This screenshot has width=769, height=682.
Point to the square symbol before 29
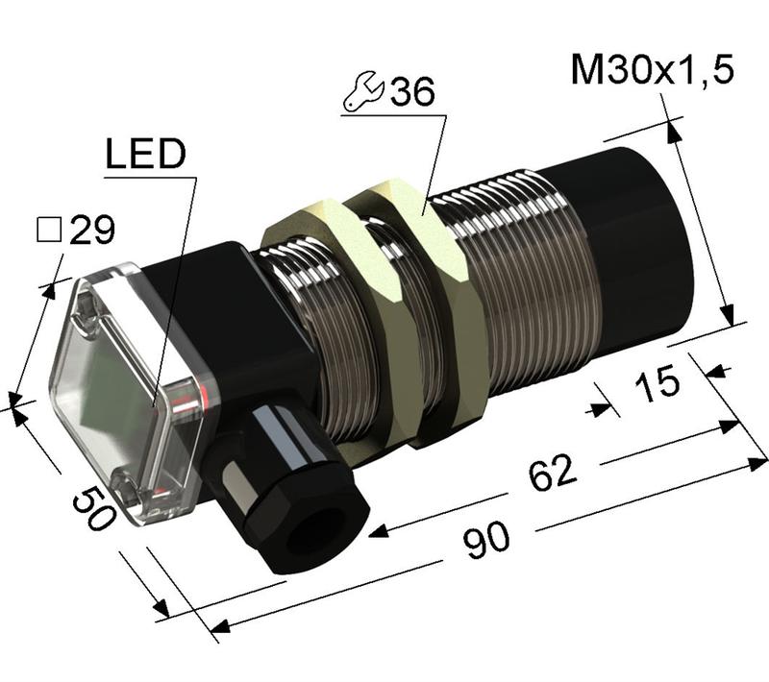48,230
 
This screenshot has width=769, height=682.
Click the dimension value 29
93,230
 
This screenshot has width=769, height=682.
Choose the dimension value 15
657,383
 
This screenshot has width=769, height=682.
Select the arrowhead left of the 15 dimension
603,409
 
